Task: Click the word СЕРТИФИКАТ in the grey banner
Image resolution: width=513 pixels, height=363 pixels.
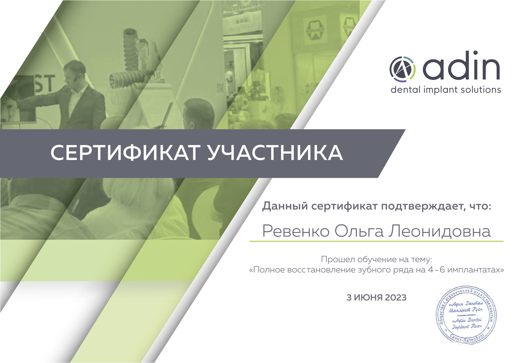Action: [x=124, y=153]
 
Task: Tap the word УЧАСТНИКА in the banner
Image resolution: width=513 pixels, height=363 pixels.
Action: [x=275, y=153]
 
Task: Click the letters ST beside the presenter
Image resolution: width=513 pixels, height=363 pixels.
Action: [x=45, y=84]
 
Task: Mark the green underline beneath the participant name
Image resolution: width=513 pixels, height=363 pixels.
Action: [x=376, y=241]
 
